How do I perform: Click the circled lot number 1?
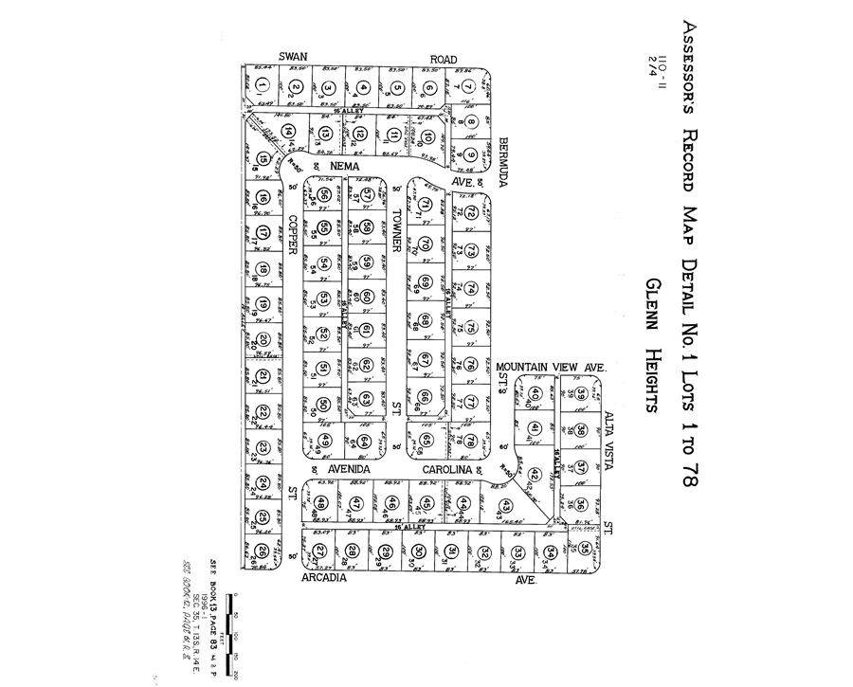261,88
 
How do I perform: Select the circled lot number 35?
585,548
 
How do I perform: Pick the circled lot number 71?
426,205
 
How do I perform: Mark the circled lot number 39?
581,393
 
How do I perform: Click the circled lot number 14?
290,132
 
